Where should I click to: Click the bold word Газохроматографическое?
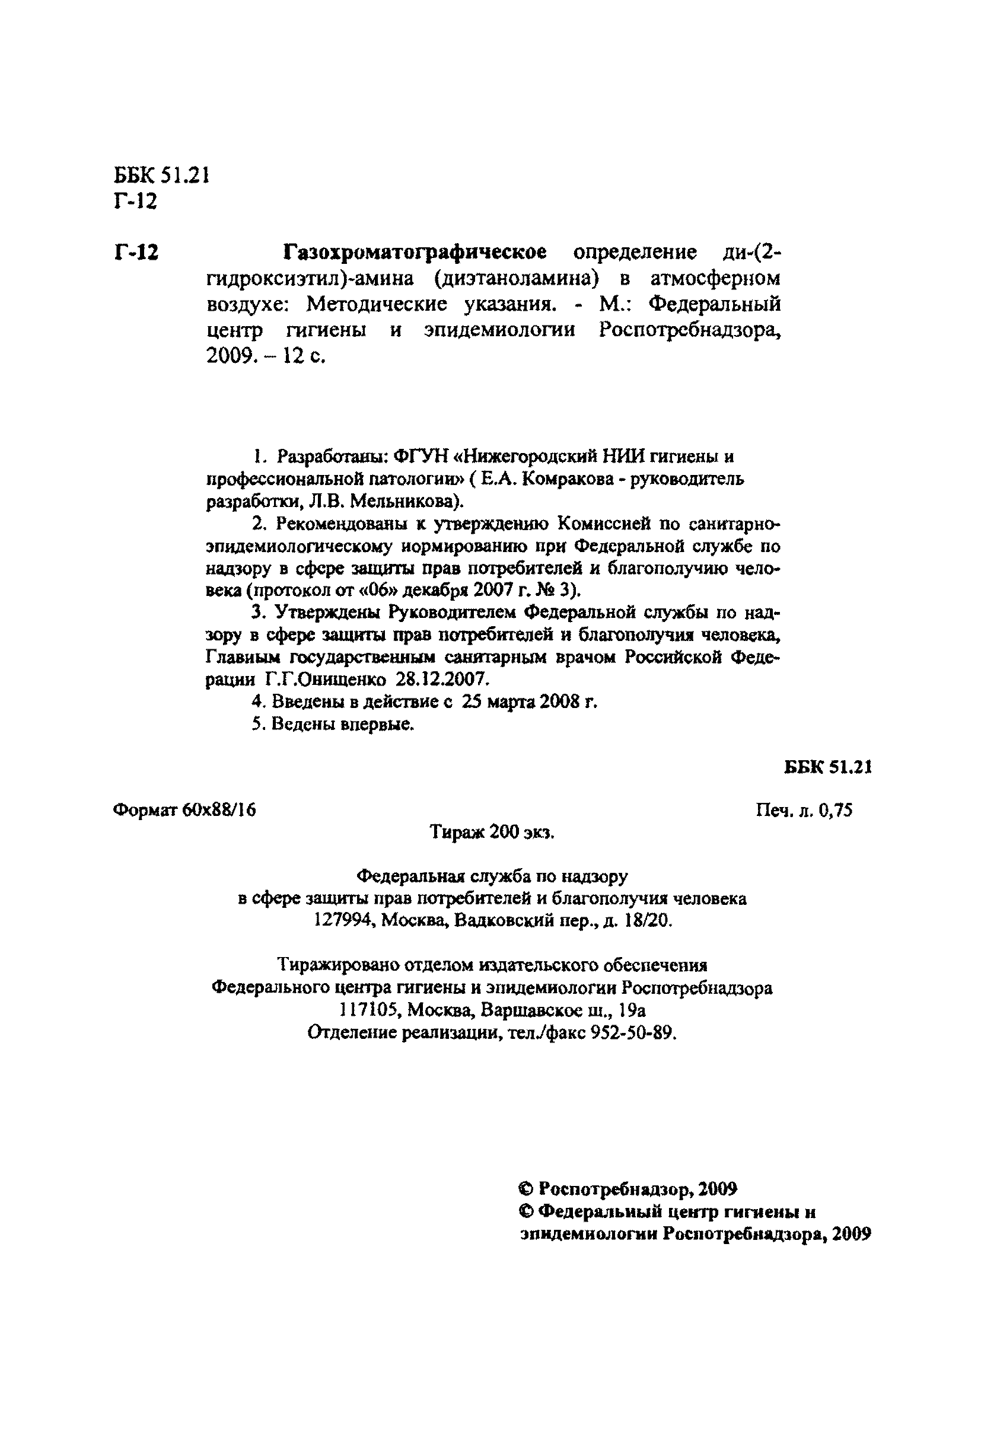[415, 253]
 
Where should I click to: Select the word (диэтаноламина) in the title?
[516, 279]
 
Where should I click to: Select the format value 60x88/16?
[219, 809]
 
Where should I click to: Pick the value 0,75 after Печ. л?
[836, 809]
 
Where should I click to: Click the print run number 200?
[505, 833]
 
